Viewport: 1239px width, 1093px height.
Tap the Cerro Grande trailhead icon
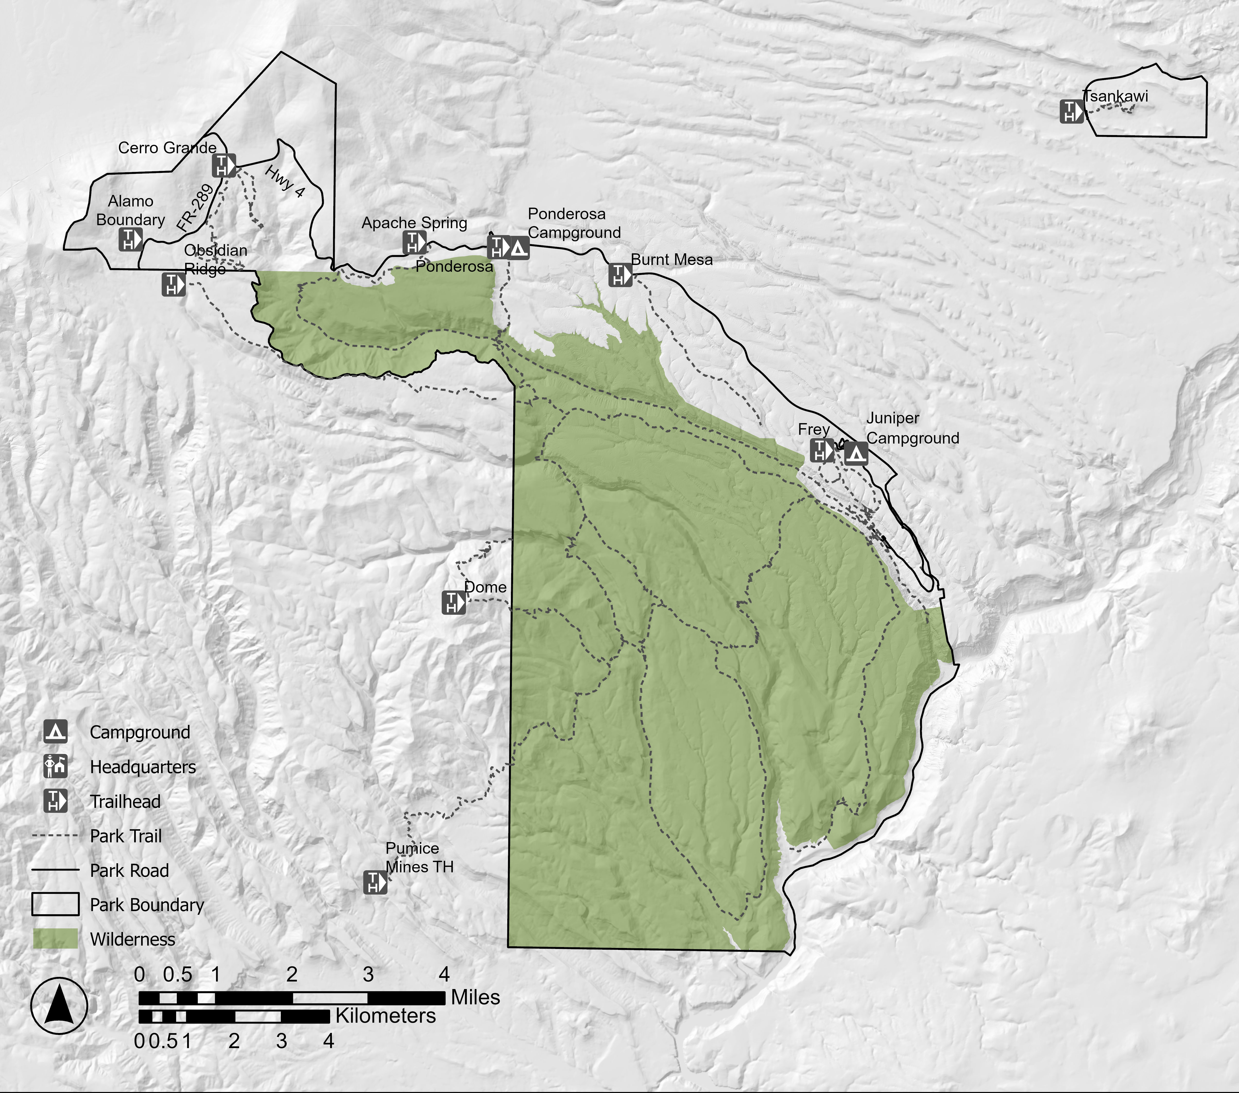tap(223, 165)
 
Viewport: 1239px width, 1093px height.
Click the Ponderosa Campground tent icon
tap(518, 248)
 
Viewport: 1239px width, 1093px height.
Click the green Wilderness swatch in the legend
tap(55, 939)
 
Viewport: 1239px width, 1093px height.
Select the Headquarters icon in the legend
tap(55, 766)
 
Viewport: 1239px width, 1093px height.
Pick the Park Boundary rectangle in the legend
tap(55, 904)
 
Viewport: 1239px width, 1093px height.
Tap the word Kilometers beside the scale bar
tap(386, 1016)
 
